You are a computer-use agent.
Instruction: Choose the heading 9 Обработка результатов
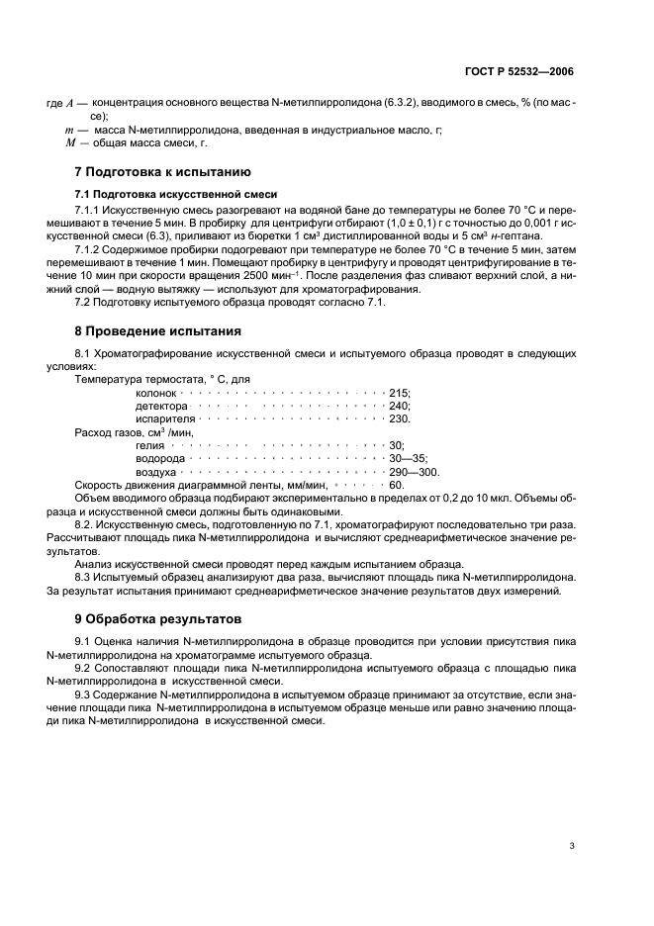pyautogui.click(x=157, y=619)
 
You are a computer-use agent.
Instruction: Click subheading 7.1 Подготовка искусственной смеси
pyautogui.click(x=161, y=194)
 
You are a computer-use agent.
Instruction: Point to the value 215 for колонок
pyautogui.click(x=399, y=393)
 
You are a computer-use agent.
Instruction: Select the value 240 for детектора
pyautogui.click(x=399, y=406)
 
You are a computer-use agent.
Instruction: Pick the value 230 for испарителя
pyautogui.click(x=399, y=418)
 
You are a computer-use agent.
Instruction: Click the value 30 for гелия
pyautogui.click(x=397, y=446)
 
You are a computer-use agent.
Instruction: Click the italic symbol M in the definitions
pyautogui.click(x=70, y=142)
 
